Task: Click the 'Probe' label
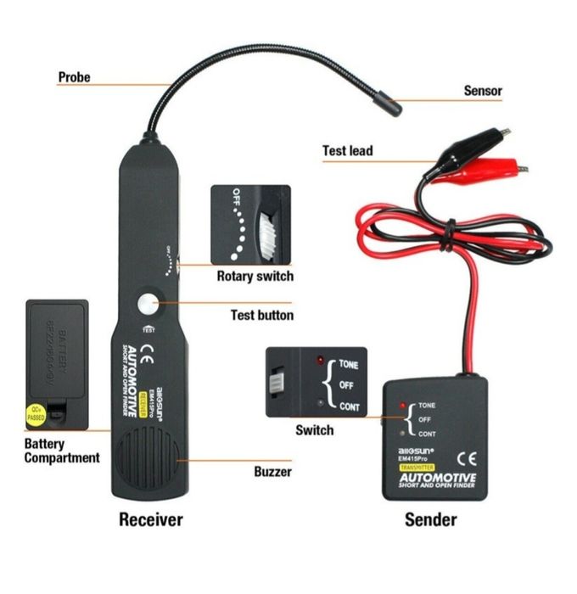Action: coord(74,77)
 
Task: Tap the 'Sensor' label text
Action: coord(482,90)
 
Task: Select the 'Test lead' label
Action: coord(347,151)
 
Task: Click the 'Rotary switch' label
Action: coord(255,276)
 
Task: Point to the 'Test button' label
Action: coord(262,315)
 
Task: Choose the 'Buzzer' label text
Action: coord(273,471)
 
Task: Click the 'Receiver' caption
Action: coord(150,518)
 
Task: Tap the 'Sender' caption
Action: coord(432,518)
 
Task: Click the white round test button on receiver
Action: coord(150,305)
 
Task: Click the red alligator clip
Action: coord(479,173)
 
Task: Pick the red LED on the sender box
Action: coord(402,406)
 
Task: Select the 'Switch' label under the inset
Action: coord(314,430)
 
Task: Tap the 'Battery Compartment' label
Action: coord(61,451)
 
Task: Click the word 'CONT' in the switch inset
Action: coord(349,406)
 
